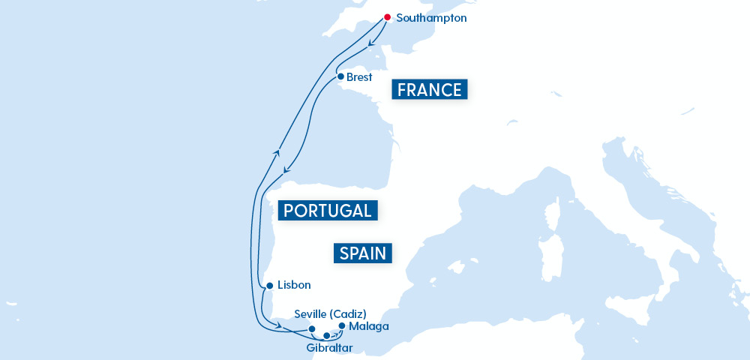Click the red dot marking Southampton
click(x=387, y=16)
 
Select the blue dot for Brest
click(x=340, y=76)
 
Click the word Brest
click(x=359, y=77)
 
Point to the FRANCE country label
click(x=430, y=90)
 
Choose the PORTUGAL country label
click(x=327, y=211)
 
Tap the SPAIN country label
click(x=363, y=253)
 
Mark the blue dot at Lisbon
click(x=269, y=286)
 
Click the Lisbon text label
click(x=293, y=285)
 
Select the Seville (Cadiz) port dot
click(x=312, y=328)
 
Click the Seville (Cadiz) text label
click(x=331, y=313)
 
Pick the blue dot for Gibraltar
click(x=326, y=335)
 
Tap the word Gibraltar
click(x=329, y=348)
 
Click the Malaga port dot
click(x=342, y=325)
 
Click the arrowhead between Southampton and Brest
click(x=372, y=48)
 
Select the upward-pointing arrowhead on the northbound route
click(x=277, y=152)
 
